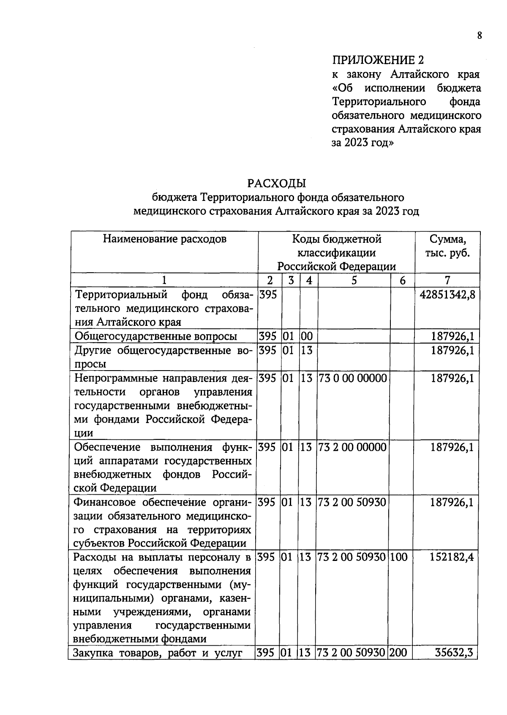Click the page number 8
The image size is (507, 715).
click(479, 36)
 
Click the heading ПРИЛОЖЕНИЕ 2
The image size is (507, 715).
click(377, 60)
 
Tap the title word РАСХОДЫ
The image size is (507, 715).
click(276, 183)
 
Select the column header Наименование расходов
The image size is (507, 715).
click(165, 239)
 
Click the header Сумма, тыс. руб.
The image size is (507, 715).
click(447, 246)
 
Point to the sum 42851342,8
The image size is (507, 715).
click(447, 295)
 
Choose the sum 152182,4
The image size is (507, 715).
click(452, 557)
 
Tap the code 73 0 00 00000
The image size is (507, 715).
click(352, 378)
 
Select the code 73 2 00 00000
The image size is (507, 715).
click(352, 447)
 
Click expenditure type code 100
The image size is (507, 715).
click(399, 557)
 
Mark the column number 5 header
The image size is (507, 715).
click(354, 280)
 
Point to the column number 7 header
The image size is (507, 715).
click(447, 280)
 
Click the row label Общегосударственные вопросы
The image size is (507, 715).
click(155, 336)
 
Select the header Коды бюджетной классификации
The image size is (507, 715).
click(336, 252)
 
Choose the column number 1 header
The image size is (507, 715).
click(164, 280)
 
